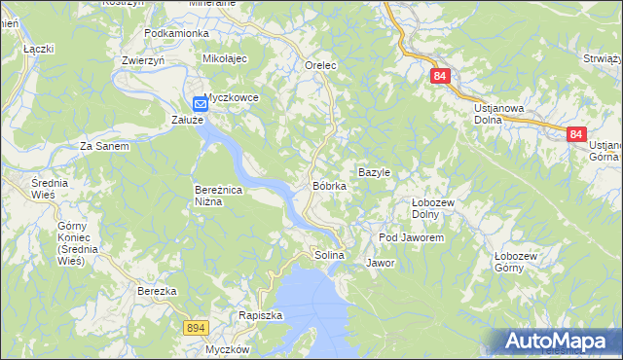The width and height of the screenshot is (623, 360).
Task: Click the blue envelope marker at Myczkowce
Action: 200,102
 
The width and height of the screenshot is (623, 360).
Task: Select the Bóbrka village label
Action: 330,185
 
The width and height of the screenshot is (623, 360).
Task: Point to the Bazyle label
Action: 374,172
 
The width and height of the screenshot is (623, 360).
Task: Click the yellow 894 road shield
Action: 195,330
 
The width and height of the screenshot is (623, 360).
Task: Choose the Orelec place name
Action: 320,65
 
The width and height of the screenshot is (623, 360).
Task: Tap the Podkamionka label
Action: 176,33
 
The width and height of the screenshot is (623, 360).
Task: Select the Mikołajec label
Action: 226,58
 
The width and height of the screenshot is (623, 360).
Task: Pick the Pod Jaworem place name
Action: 412,237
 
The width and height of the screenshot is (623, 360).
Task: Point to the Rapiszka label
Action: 260,315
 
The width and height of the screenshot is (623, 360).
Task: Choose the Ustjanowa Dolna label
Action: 501,114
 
